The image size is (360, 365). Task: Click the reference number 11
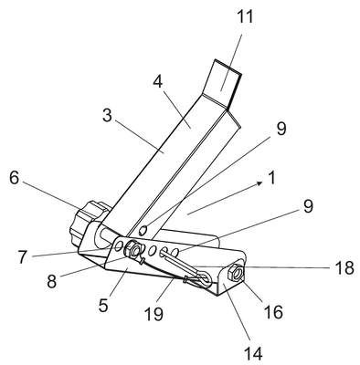tap(245, 16)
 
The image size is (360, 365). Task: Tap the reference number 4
tap(158, 81)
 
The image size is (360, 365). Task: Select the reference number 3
tap(107, 116)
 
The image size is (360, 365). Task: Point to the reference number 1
tap(272, 178)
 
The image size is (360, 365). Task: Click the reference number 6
tap(15, 178)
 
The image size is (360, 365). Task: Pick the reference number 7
tap(23, 257)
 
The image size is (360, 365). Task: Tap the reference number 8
tap(52, 281)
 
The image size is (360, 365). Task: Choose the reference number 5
tap(103, 305)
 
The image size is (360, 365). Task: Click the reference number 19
tap(154, 314)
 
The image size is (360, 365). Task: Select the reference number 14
tap(253, 353)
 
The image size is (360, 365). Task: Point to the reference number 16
tap(274, 311)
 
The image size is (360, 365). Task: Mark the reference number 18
tap(344, 268)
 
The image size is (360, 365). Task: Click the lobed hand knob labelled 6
tap(89, 222)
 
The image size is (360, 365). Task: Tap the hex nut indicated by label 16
tap(235, 272)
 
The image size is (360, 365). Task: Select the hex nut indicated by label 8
tap(132, 249)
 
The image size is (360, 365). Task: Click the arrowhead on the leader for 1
tap(259, 182)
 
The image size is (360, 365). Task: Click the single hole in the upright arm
tap(143, 230)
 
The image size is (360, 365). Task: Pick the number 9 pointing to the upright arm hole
tap(281, 129)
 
